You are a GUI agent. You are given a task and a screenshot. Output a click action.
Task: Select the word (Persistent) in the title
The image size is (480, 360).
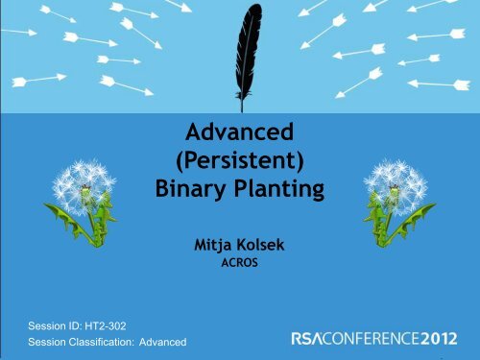(240, 158)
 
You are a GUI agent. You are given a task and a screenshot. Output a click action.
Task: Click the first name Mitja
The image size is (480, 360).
(216, 245)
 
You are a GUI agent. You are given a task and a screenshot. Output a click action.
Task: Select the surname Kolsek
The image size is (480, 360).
(264, 245)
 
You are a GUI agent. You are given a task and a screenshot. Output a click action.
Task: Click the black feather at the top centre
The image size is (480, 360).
(241, 43)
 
